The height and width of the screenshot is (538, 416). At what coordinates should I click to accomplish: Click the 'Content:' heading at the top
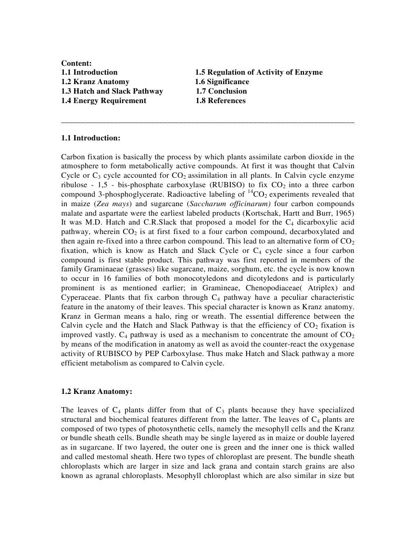(x=77, y=63)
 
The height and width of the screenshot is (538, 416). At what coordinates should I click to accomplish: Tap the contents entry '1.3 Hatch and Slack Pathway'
(x=112, y=91)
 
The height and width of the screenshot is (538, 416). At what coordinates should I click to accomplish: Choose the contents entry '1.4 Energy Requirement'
(x=104, y=100)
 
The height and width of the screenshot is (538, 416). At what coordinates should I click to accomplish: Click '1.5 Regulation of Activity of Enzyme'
(x=259, y=72)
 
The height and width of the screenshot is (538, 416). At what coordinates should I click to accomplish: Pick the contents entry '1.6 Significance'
(x=222, y=82)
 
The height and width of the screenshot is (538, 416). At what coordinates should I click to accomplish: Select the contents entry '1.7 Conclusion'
(x=221, y=91)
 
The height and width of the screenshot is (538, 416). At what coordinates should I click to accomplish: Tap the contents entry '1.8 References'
(x=220, y=100)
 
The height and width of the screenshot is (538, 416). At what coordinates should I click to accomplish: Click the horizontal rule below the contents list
(x=208, y=122)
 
